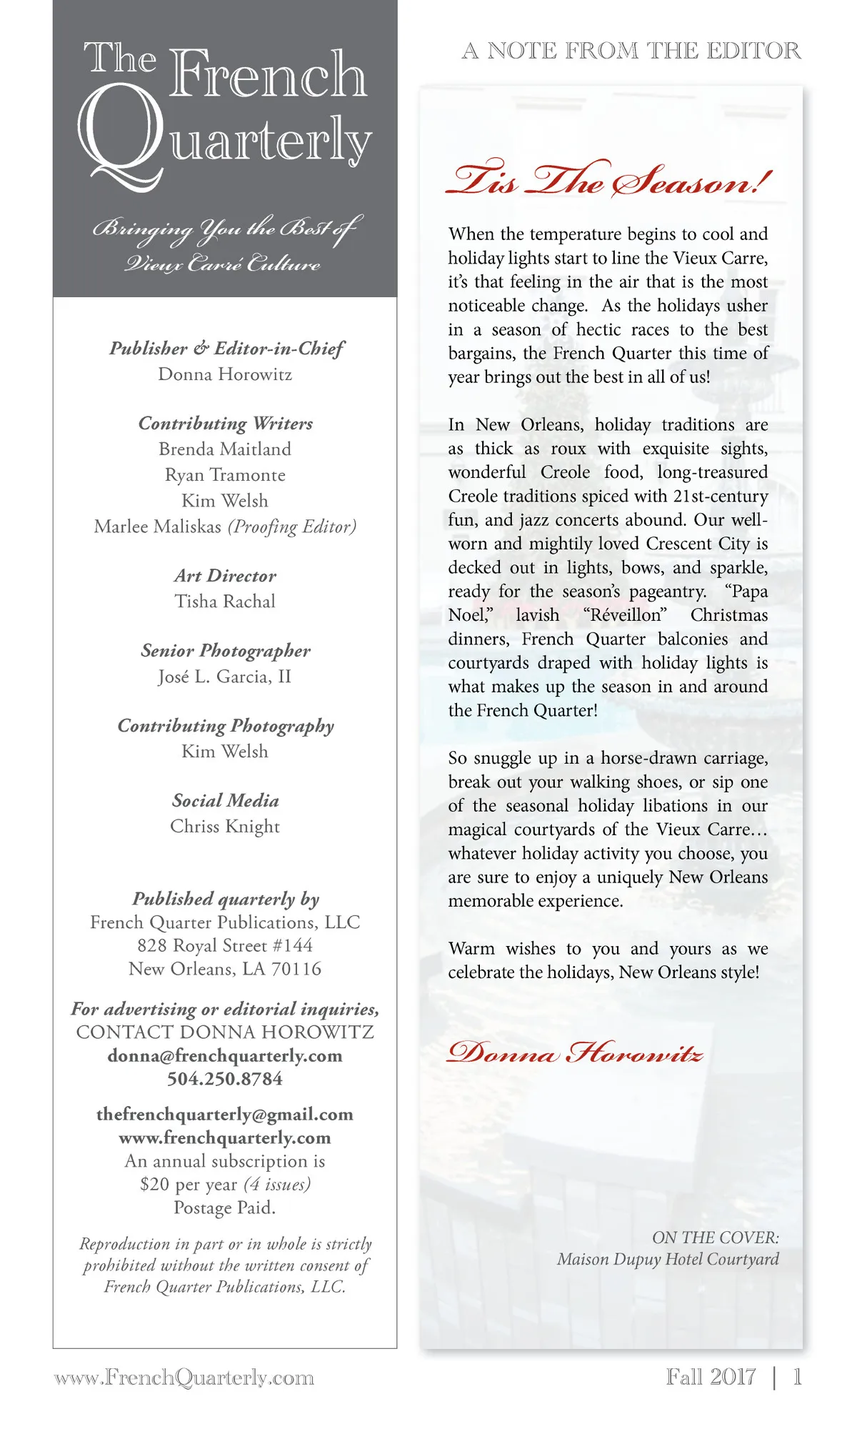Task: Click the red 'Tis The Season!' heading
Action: pyautogui.click(x=608, y=179)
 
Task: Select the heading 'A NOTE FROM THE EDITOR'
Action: pyautogui.click(x=631, y=51)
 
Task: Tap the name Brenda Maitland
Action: pyautogui.click(x=225, y=449)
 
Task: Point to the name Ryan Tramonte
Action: pyautogui.click(x=225, y=475)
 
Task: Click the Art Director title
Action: pyautogui.click(x=225, y=576)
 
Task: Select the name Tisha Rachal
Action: pyautogui.click(x=225, y=602)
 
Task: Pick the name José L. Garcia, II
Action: pyautogui.click(x=225, y=677)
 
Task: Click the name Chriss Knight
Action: pyautogui.click(x=225, y=827)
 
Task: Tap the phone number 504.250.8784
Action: pyautogui.click(x=225, y=1079)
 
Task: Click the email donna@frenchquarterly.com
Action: pyautogui.click(x=225, y=1056)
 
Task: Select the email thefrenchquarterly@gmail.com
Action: pyautogui.click(x=225, y=1115)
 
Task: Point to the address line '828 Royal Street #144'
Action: pyautogui.click(x=225, y=946)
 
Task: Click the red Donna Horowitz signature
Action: pyautogui.click(x=575, y=1053)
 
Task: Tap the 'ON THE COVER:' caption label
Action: pyautogui.click(x=715, y=1238)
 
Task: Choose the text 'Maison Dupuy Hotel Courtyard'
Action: pyautogui.click(x=668, y=1260)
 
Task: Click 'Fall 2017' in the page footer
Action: pyautogui.click(x=711, y=1377)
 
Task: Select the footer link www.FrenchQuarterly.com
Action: pyautogui.click(x=184, y=1378)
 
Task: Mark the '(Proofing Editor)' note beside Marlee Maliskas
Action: pyautogui.click(x=292, y=527)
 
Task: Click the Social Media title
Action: pyautogui.click(x=225, y=801)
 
